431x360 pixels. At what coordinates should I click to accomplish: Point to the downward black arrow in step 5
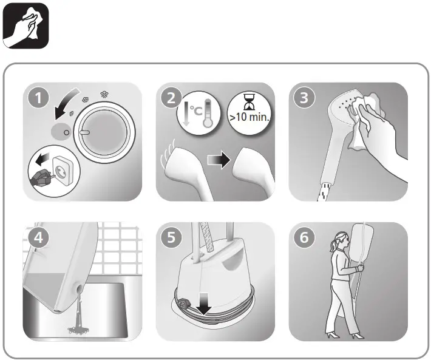click(x=202, y=307)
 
